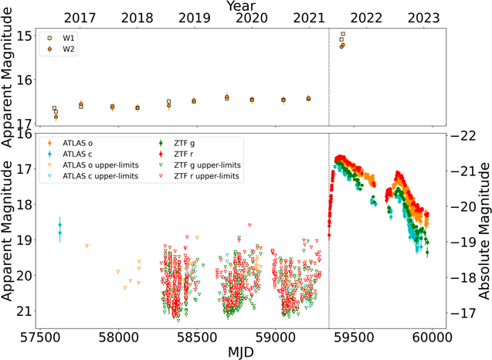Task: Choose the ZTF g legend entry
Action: click(177, 143)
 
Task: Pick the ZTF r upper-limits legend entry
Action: click(198, 176)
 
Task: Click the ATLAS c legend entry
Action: click(70, 154)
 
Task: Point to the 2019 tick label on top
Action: click(194, 19)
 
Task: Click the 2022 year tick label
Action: click(366, 19)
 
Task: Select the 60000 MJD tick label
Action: click(433, 338)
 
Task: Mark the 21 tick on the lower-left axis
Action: click(24, 311)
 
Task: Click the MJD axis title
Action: click(241, 352)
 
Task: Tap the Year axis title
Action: click(241, 6)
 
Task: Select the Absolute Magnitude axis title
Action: click(484, 231)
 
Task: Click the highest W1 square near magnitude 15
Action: click(343, 34)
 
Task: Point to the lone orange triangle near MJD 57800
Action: click(87, 246)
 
